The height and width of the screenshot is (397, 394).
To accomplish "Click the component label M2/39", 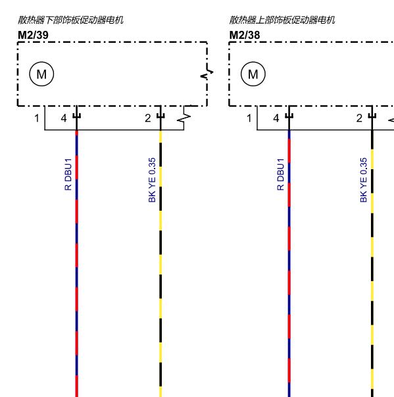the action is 33,35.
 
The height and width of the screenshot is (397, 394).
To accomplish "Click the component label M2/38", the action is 244,35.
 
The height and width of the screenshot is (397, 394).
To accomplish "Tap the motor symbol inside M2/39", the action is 41,74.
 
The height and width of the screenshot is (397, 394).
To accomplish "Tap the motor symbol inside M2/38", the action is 253,74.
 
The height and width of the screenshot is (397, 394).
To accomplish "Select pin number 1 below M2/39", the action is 37,119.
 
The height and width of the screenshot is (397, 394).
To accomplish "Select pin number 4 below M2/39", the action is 64,119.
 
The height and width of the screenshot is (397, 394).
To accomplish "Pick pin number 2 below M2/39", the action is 148,119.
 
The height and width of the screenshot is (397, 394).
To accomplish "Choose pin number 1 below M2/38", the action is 249,119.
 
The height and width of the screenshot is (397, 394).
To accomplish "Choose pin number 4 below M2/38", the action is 276,119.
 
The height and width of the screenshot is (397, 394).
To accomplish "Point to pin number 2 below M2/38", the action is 359,119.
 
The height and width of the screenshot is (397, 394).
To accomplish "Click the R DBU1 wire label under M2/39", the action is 68,174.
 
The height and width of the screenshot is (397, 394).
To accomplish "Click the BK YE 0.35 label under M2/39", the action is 152,180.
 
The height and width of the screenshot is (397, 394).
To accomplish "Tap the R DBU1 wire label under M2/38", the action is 280,174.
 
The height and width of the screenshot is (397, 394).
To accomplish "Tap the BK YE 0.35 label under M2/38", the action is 363,180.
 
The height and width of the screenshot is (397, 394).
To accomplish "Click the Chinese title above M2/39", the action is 70,20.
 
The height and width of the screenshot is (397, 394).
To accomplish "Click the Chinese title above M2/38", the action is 282,20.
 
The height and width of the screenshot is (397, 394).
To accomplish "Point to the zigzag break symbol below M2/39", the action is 184,118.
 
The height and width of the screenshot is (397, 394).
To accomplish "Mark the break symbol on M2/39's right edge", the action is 207,73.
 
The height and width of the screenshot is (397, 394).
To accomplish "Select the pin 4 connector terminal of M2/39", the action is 76,116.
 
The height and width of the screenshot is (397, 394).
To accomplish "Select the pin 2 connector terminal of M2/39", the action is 160,116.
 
